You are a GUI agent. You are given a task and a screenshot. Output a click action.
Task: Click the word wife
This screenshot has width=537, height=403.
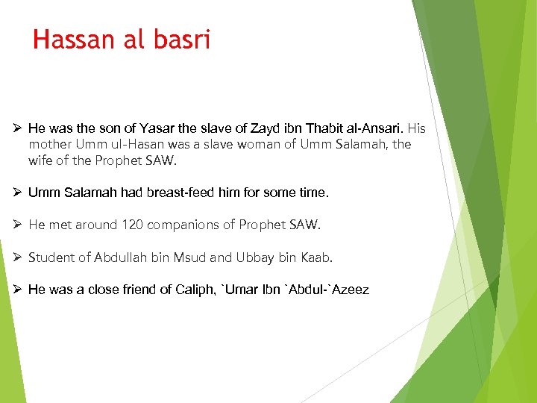coord(41,160)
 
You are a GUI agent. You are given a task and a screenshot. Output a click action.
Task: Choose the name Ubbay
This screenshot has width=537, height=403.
coord(255,257)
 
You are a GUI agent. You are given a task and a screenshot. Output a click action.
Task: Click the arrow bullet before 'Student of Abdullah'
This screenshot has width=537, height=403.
coord(16,257)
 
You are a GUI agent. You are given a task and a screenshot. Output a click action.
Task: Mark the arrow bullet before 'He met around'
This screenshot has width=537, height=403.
coord(16,225)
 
